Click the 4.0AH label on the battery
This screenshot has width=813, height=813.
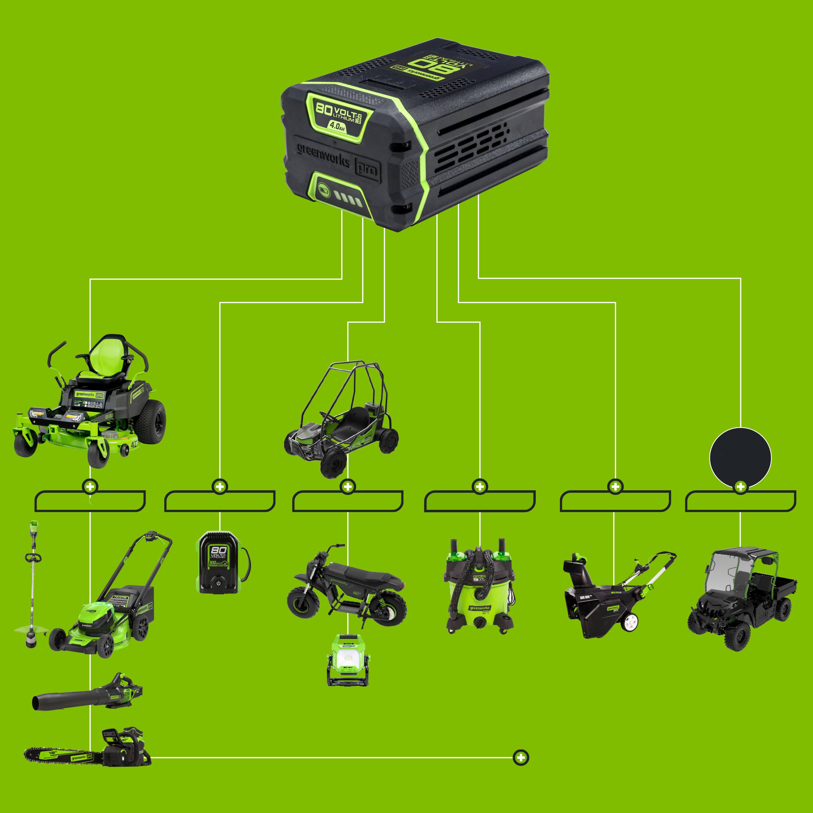pos(337,126)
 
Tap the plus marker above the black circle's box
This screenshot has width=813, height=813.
pos(740,487)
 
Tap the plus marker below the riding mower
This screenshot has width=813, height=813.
pos(90,487)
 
